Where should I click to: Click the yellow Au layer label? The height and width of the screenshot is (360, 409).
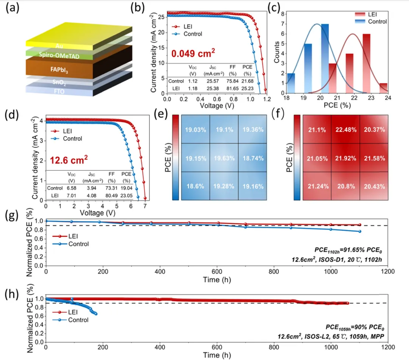[x=59, y=46]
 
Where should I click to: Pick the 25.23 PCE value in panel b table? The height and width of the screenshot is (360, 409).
[x=247, y=88]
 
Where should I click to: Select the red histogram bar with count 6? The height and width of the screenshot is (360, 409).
[x=366, y=64]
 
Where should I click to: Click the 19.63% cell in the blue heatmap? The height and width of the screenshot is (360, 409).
[x=224, y=157]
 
